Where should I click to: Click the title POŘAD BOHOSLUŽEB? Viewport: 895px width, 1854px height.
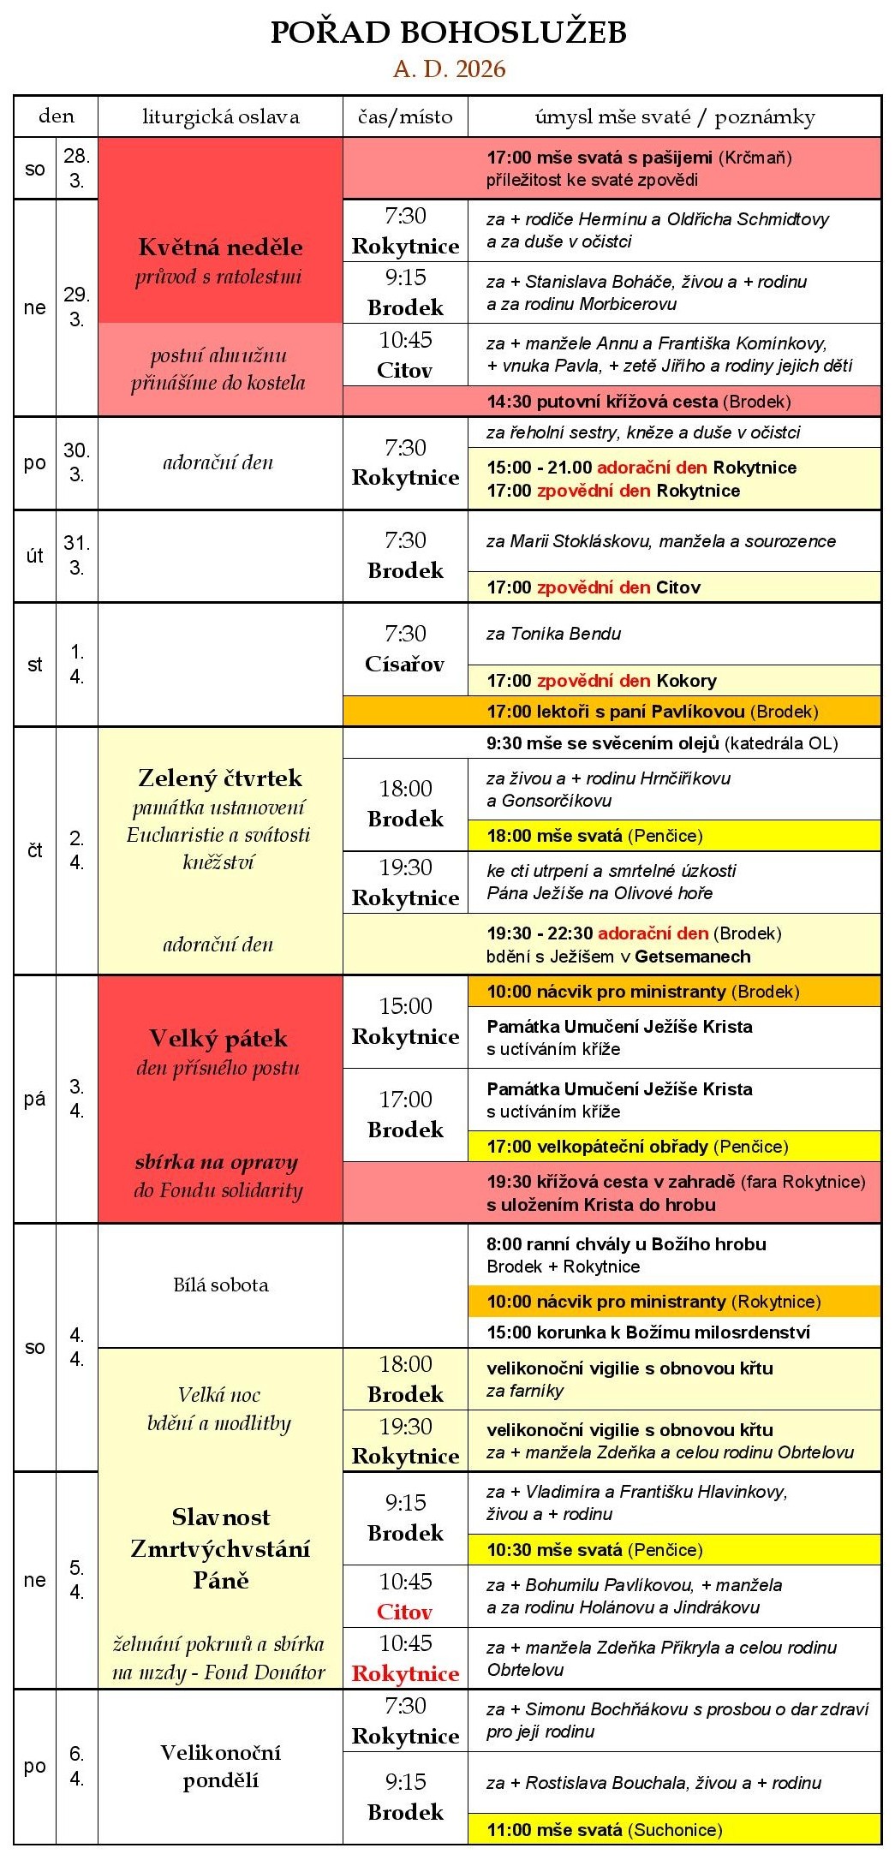(x=448, y=33)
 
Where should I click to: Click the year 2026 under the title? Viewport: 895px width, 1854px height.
(x=480, y=69)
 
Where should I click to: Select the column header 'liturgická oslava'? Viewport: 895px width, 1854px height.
(x=220, y=116)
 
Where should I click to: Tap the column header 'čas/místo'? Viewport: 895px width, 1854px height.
(x=405, y=116)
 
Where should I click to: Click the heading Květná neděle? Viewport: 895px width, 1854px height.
(x=220, y=247)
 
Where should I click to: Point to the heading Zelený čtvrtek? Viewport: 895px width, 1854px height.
(x=220, y=778)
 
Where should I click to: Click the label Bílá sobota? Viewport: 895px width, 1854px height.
(x=220, y=1285)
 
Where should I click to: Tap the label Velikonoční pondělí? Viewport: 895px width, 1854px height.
(x=220, y=1766)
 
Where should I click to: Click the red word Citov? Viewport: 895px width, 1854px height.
(x=405, y=1613)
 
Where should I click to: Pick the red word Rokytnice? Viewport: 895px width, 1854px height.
(x=405, y=1674)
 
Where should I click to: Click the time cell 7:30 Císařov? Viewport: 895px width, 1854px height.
(x=405, y=648)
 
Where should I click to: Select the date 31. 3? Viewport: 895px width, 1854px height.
(x=76, y=555)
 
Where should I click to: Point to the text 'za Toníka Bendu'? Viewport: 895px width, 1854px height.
(x=553, y=634)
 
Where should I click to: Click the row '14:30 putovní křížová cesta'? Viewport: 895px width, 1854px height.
(x=638, y=402)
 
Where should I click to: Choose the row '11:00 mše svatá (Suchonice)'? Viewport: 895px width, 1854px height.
(x=604, y=1830)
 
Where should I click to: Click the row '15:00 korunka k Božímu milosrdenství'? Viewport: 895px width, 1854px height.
(x=648, y=1332)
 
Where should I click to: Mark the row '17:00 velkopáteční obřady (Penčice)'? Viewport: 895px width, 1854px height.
(x=637, y=1147)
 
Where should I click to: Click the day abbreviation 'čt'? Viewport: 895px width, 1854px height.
(x=35, y=850)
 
